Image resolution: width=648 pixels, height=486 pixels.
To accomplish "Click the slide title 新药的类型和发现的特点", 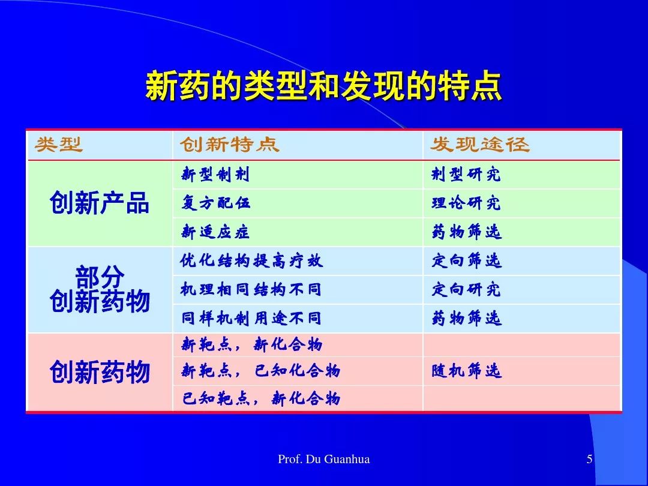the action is tap(323, 86).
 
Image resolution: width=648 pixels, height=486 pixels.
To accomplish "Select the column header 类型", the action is tap(59, 145).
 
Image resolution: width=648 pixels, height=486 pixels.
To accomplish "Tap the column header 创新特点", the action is tap(230, 145).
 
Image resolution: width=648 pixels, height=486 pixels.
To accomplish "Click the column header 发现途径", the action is tap(480, 145).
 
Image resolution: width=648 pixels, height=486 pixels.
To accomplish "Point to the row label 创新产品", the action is tap(99, 203).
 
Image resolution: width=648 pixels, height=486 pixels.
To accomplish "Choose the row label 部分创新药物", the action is tap(99, 289).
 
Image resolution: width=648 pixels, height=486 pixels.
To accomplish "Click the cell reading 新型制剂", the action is tap(215, 175).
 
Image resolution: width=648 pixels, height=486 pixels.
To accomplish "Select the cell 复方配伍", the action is tap(215, 203).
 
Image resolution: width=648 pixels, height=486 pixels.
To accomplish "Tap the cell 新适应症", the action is tap(215, 232).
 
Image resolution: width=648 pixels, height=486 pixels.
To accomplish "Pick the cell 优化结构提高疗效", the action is tap(251, 261).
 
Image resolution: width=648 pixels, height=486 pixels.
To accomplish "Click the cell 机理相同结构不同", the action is tap(251, 289).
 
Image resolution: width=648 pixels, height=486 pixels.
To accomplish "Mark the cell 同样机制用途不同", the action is tap(251, 318).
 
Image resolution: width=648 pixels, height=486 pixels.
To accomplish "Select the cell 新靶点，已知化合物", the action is tap(261, 370).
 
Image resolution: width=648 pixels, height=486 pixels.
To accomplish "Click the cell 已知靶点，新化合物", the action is tap(261, 398).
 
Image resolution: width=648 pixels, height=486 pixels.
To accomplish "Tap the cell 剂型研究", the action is tap(466, 175).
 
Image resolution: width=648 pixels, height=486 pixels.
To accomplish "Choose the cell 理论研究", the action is tap(466, 203).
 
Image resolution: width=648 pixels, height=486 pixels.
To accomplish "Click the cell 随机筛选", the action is tap(467, 370).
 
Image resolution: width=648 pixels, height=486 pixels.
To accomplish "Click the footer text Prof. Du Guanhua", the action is tap(324, 459).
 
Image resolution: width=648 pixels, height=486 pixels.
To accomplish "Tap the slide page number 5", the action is tap(590, 459).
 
